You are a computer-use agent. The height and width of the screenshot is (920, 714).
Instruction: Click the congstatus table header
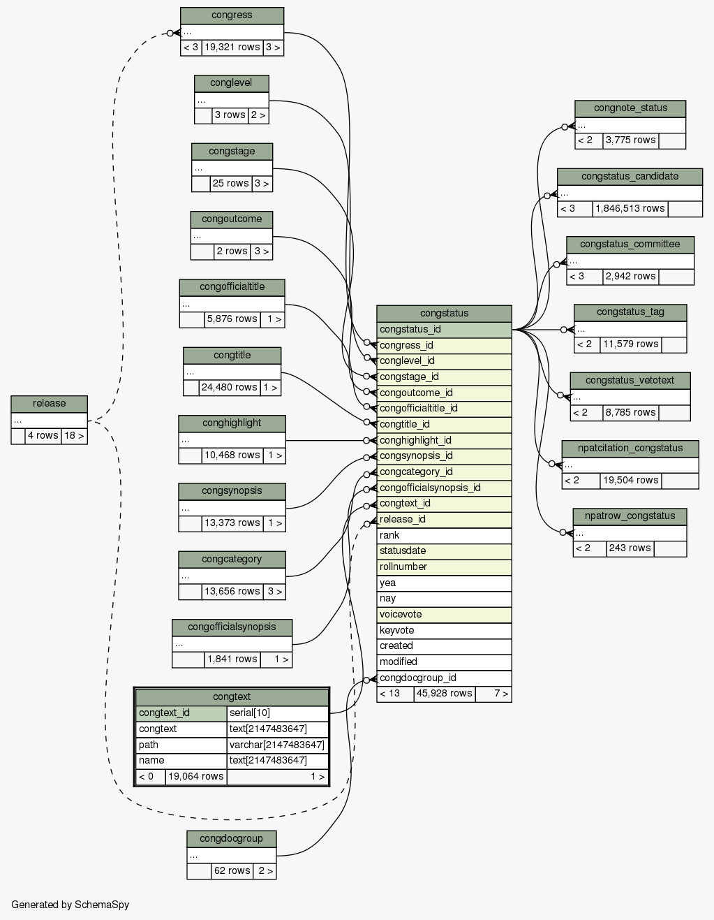coord(444,313)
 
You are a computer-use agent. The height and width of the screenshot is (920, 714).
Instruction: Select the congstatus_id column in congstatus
coord(444,329)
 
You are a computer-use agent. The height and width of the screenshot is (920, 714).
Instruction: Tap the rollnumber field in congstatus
coord(444,567)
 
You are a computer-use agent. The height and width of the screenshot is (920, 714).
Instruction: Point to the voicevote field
coord(444,614)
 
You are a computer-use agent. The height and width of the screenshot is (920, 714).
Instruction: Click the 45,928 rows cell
coord(444,694)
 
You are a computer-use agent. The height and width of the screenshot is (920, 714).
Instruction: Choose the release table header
coord(49,404)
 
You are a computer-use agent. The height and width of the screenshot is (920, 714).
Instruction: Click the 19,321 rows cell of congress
coord(232,48)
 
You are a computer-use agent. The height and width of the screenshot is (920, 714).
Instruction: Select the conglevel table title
coord(231,83)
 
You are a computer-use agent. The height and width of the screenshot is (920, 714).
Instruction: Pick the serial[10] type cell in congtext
coord(277,713)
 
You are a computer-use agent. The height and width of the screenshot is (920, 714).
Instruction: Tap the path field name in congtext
coord(181,745)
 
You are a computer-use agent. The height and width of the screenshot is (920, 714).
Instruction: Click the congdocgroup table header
coord(231,838)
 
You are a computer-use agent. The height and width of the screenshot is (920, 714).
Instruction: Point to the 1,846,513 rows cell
coord(630,209)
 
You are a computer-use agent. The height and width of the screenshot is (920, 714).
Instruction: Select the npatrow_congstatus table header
coord(630,516)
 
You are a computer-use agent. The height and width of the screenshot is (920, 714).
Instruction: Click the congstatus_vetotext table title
coord(630,380)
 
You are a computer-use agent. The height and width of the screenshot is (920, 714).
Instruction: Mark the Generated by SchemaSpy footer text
coord(70,905)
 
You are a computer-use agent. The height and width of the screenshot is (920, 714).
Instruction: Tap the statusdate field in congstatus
coord(444,550)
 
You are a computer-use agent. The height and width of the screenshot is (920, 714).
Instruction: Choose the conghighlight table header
coord(232,423)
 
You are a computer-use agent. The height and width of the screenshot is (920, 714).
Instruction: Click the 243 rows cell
coord(630,548)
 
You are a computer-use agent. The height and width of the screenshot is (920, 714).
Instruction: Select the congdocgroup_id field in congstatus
coord(444,678)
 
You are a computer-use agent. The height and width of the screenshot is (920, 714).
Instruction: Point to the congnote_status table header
coord(630,108)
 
